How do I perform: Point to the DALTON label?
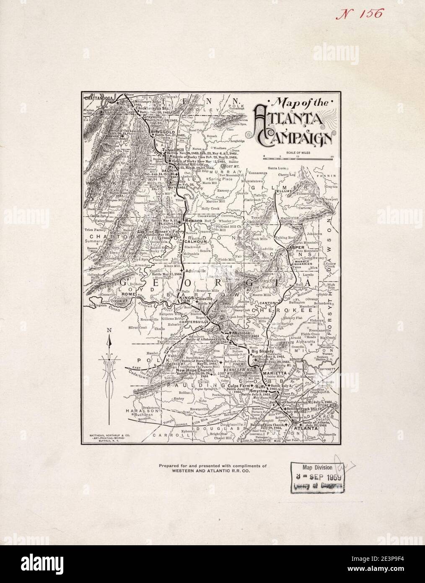click(166, 171)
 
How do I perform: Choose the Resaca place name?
click(193, 220)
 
